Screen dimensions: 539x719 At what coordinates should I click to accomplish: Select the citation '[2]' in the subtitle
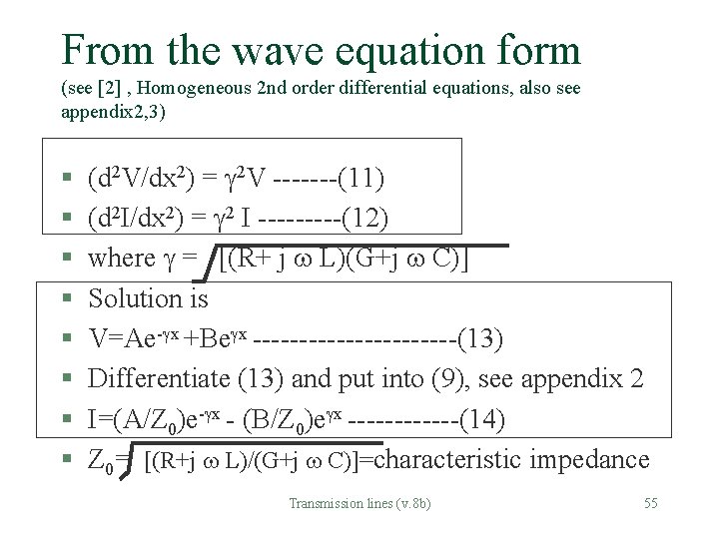click(x=108, y=89)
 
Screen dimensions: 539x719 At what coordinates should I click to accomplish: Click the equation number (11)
click(x=359, y=180)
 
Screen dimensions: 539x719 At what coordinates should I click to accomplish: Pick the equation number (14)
click(x=482, y=418)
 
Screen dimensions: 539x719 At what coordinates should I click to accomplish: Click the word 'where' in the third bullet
click(x=122, y=259)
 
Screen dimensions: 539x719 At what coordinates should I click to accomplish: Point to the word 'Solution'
click(x=135, y=298)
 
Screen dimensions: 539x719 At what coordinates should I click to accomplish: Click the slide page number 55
click(x=650, y=503)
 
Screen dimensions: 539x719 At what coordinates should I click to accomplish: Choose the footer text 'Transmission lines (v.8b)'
click(x=359, y=503)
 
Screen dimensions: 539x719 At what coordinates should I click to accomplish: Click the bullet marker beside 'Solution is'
click(x=65, y=298)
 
